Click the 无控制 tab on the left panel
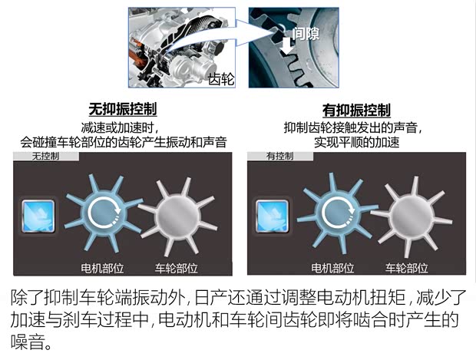pos(45,156)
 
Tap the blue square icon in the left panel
pos(38,215)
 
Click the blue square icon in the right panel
pos(271,215)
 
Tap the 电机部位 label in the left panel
pos(102,269)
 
